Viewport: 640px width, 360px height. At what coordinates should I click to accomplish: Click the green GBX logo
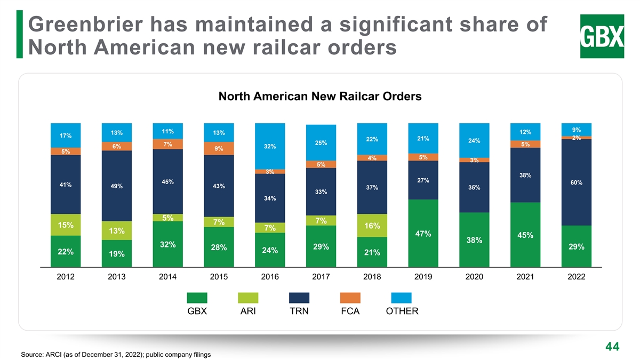click(601, 36)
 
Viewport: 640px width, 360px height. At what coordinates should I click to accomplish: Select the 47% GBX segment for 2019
click(423, 233)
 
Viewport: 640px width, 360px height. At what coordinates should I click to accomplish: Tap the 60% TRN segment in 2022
click(576, 182)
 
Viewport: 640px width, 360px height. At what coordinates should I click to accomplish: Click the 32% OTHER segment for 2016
click(270, 146)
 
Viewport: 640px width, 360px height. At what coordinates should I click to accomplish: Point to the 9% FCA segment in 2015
click(219, 148)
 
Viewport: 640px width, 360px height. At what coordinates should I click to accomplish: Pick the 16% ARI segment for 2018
click(372, 226)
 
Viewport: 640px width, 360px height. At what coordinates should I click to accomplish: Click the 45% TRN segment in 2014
click(167, 181)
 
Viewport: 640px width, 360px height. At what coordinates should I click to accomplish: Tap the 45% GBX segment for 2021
click(525, 235)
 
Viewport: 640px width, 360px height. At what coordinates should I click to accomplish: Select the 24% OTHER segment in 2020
click(474, 140)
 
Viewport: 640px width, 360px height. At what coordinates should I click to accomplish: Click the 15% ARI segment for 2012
click(65, 225)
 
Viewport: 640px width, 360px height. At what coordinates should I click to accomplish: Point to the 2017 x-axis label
click(321, 277)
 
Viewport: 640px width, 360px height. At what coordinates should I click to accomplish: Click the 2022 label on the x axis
click(576, 277)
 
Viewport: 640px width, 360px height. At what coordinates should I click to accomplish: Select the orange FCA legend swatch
click(350, 299)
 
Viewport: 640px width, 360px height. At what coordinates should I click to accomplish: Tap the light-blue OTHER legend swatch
click(402, 299)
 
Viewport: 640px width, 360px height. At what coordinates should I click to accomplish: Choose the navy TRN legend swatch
click(299, 299)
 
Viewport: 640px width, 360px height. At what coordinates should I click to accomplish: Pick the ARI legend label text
click(248, 311)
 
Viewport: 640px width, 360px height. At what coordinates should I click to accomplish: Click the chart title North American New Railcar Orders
click(320, 97)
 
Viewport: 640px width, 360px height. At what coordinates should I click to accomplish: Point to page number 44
click(612, 347)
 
